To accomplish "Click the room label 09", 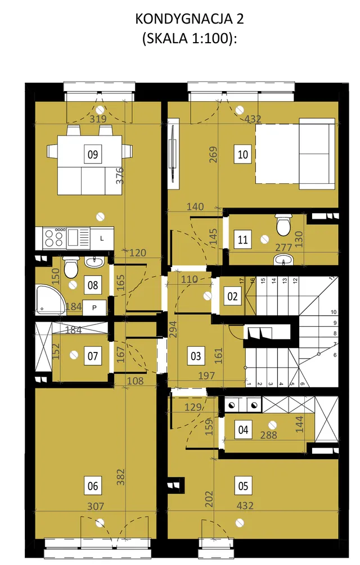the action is click(93, 154).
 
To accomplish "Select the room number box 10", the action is click(242, 154).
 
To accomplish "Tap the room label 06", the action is click(93, 486).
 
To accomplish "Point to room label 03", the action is click(196, 356).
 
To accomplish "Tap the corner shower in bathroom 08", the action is click(49, 299).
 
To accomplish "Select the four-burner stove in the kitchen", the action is click(55, 238).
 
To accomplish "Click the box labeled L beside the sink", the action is click(102, 238).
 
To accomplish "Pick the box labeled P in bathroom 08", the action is click(94, 308).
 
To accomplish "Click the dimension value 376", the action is click(120, 175).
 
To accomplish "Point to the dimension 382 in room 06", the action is click(121, 477).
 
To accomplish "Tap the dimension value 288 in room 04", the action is click(268, 435).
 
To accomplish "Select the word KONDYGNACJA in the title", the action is click(184, 19).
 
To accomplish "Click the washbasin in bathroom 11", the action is click(284, 259).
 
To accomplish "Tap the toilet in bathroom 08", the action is click(70, 267).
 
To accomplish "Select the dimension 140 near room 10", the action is click(195, 206).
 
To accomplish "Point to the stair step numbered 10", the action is click(334, 312).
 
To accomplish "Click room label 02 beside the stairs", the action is click(232, 296).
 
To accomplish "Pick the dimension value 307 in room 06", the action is click(96, 507).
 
